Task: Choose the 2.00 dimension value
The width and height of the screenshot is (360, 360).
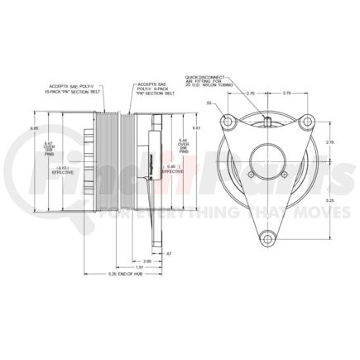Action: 146,259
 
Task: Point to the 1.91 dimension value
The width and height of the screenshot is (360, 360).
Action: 140,267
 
